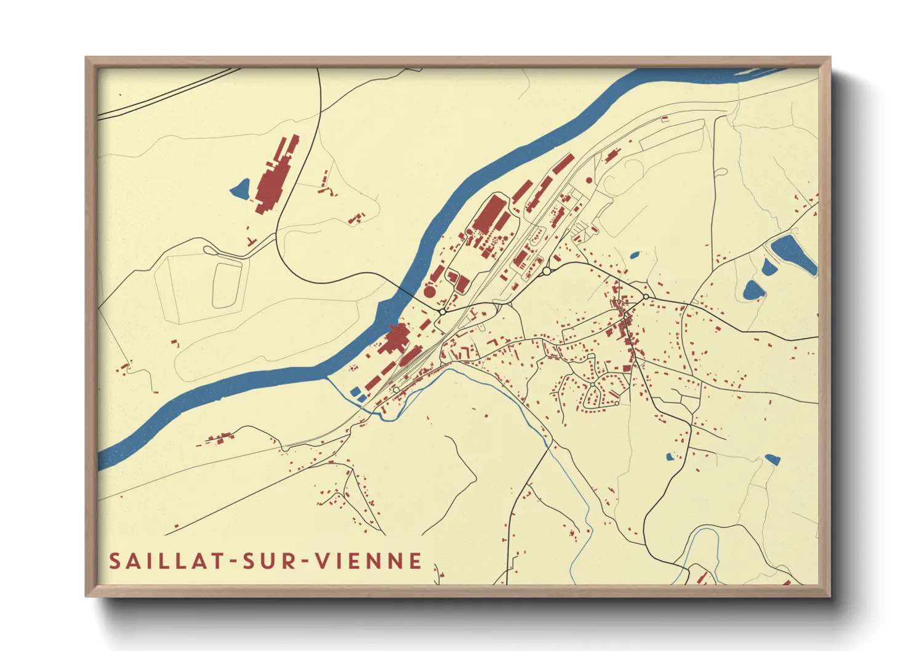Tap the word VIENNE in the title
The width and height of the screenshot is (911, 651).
(369, 561)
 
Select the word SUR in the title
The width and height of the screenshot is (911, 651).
(265, 561)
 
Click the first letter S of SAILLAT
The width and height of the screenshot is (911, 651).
(114, 561)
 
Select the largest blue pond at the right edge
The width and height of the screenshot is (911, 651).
(793, 254)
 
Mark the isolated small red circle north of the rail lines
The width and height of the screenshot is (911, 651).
(588, 180)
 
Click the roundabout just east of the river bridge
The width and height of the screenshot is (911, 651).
(442, 312)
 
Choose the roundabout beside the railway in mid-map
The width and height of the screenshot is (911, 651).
(546, 271)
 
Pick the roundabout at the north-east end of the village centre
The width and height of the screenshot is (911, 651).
(646, 297)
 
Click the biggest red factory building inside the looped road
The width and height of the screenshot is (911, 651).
(489, 215)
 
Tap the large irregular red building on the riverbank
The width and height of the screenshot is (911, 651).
(396, 338)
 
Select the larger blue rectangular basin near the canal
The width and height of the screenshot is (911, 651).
(355, 391)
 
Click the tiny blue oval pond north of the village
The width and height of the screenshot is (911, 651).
(634, 254)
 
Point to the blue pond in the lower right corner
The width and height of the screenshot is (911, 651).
(772, 459)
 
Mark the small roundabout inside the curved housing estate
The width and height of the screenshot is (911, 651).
(592, 385)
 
